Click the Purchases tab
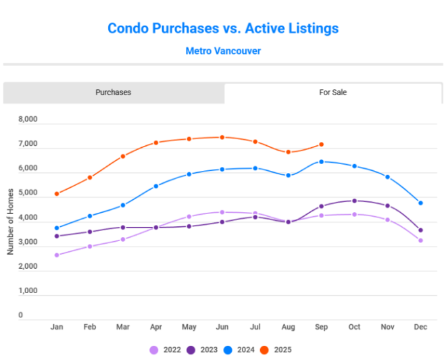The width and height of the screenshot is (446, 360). (113, 93)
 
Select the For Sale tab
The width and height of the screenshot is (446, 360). (332, 93)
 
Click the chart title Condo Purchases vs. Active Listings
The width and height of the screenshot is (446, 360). (223, 28)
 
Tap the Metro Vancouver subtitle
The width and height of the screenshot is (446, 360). (223, 51)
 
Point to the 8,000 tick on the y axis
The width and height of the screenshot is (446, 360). (28, 120)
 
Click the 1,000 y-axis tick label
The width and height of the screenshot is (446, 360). (28, 291)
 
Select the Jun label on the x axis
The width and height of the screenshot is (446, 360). (222, 327)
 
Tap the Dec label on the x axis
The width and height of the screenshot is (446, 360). (420, 327)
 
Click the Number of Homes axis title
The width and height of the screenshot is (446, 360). (11, 219)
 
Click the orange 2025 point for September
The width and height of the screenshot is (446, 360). (322, 145)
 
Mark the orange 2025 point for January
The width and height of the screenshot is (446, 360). (57, 194)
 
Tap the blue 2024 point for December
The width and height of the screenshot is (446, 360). (420, 203)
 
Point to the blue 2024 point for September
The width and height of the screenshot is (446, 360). (322, 162)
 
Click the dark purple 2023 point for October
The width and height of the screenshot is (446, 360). (355, 201)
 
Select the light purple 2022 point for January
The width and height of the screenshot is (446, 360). (57, 255)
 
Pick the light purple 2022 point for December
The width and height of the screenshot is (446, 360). (420, 240)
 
